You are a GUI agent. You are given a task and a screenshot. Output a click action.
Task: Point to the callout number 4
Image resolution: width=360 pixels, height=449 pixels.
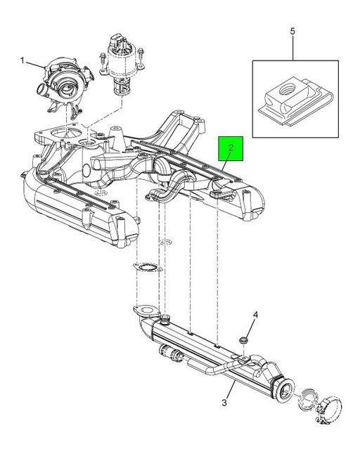tap(256, 314)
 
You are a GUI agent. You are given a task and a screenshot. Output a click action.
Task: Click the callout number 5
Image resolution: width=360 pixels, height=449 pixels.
tap(293, 31)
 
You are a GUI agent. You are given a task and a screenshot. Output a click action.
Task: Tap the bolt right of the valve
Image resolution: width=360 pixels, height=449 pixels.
tap(142, 53)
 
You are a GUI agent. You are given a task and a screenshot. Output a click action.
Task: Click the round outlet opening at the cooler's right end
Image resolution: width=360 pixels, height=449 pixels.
tap(286, 389)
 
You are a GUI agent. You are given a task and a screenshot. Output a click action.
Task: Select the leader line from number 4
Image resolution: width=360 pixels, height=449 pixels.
tap(252, 326)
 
